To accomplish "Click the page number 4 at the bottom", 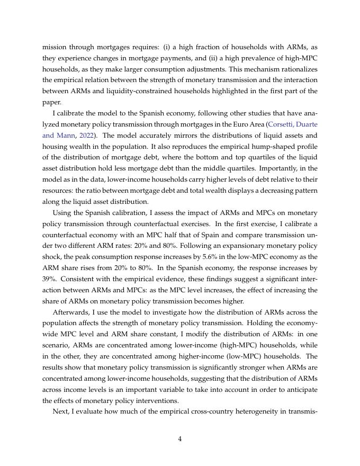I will tap(180, 438).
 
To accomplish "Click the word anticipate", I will tap(299, 390).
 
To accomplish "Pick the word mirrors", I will tap(158, 135).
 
